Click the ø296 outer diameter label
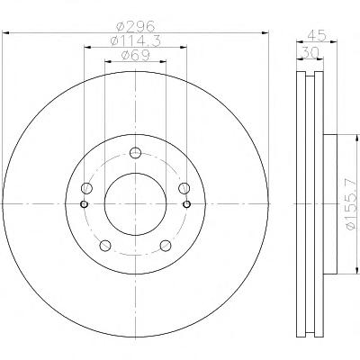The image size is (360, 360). (136, 26)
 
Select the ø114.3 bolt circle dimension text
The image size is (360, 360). (136, 40)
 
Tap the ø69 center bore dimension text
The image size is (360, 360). (135, 55)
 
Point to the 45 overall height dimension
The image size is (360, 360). (317, 36)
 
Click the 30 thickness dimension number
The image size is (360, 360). (310, 53)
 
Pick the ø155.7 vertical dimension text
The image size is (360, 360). (352, 204)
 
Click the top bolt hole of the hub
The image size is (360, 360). (135, 153)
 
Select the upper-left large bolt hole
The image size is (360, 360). (86, 188)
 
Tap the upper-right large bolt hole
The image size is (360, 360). (184, 188)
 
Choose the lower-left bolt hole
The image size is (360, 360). (105, 246)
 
